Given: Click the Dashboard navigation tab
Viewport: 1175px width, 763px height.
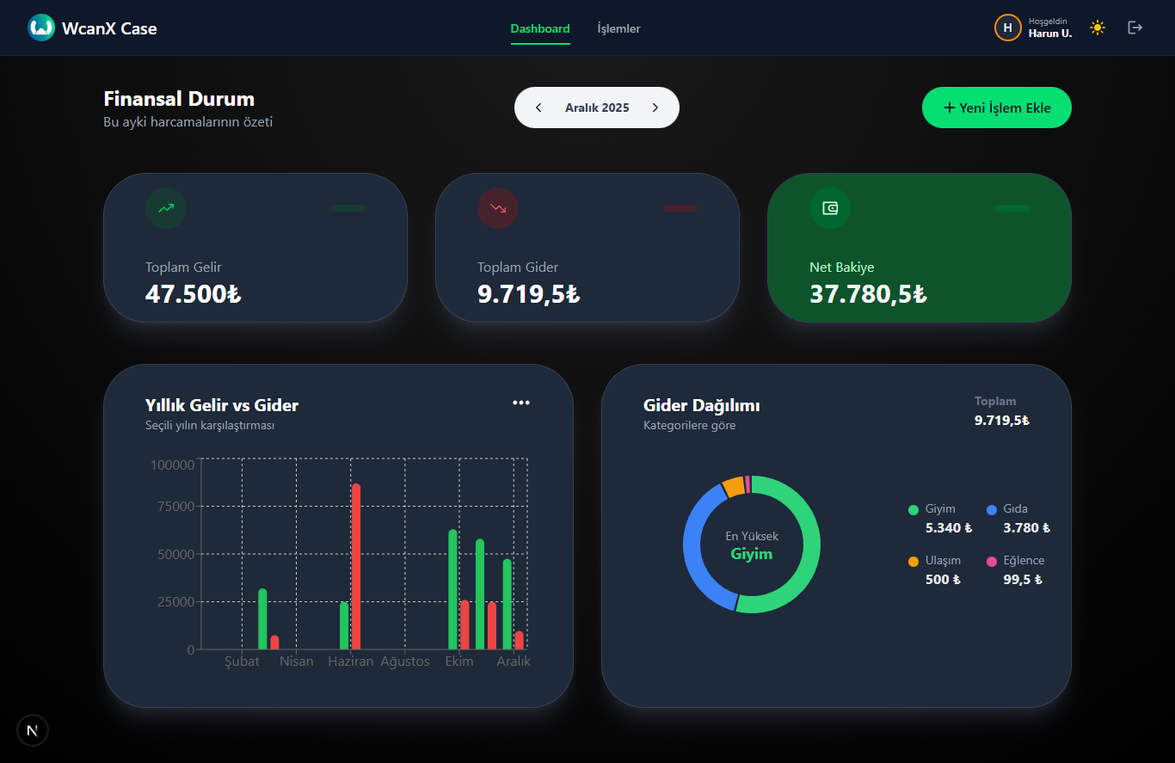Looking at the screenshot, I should click(540, 28).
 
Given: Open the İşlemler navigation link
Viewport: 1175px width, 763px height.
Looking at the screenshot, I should click(618, 28).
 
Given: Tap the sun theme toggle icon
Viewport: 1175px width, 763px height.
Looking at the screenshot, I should click(1097, 28).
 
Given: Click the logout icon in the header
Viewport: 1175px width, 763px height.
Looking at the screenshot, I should click(1135, 28).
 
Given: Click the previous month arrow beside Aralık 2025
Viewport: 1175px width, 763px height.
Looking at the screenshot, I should click(538, 108).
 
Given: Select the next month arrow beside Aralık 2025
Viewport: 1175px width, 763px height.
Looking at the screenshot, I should click(655, 108).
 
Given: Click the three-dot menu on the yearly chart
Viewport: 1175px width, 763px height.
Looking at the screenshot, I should click(521, 403).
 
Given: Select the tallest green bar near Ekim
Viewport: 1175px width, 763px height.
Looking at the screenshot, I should click(453, 589).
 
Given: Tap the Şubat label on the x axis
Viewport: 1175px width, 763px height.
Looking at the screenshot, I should click(242, 661).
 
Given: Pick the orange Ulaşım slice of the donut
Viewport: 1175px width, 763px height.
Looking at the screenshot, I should click(733, 486).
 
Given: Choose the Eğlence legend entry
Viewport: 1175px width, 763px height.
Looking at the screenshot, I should click(1023, 561).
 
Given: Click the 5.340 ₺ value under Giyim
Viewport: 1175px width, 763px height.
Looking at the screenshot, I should click(948, 528).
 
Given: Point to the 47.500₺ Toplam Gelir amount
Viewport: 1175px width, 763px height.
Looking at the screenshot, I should click(193, 294).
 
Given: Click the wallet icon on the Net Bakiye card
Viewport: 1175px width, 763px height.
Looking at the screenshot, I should click(830, 208).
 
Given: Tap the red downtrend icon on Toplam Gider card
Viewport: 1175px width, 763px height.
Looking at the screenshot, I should click(498, 208).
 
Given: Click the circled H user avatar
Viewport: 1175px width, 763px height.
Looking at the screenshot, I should click(1007, 28).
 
